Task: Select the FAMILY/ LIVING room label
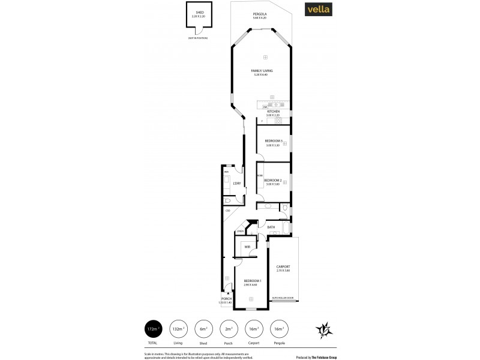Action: (262, 71)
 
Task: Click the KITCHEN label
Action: (273, 112)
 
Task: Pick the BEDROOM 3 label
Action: (273, 141)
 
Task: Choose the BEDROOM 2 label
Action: (272, 180)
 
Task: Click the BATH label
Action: (271, 227)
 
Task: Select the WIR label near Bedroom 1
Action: (247, 246)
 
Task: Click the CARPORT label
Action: (283, 266)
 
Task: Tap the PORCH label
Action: (227, 298)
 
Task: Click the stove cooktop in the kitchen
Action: (278, 121)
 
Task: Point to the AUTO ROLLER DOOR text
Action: (283, 297)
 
